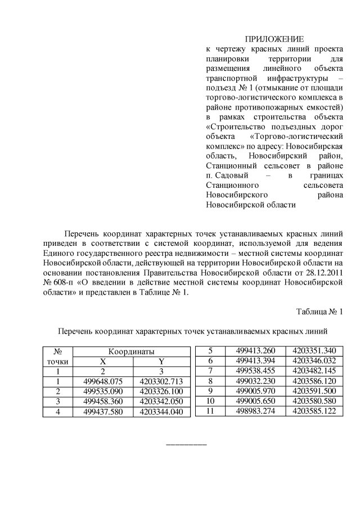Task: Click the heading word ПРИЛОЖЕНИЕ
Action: coord(274,39)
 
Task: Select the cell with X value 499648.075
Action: coord(103,381)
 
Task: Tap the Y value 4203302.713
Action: coord(161,381)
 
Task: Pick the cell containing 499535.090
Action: coord(103,391)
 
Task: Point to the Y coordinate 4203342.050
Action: coord(161,402)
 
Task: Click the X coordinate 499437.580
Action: coord(103,412)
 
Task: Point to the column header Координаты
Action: coord(132,351)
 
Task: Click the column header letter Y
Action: coord(161,361)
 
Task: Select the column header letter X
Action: coord(103,361)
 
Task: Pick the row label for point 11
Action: coord(210,411)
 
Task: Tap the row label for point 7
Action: coord(210,371)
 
